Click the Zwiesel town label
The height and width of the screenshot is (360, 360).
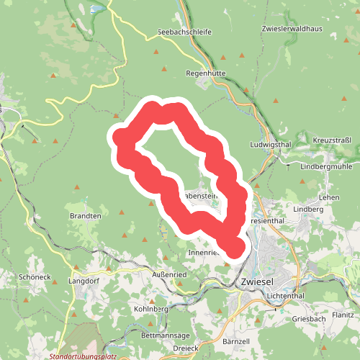click(261, 282)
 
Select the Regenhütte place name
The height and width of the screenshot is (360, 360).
click(205, 73)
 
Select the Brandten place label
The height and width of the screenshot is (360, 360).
click(85, 215)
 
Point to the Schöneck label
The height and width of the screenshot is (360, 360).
click(35, 277)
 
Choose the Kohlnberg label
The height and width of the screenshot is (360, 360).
click(150, 310)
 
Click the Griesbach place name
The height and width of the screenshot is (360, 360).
click(310, 318)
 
